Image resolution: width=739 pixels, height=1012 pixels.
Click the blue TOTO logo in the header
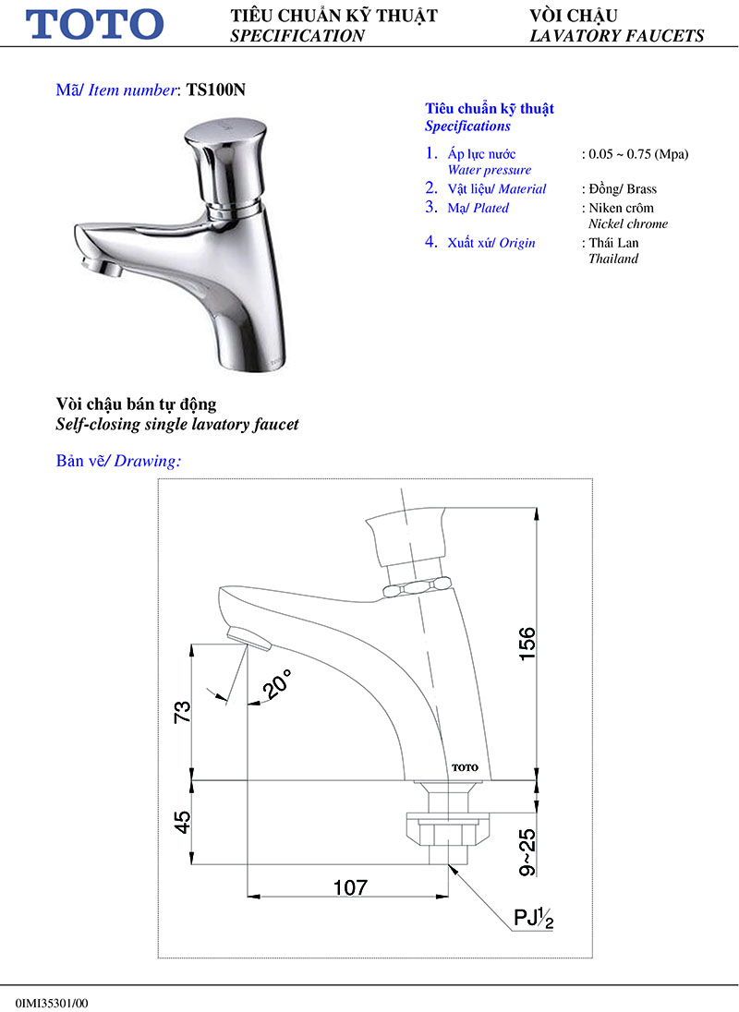pyautogui.click(x=95, y=24)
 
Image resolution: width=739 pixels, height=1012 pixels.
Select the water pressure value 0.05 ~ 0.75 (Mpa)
pyautogui.click(x=636, y=153)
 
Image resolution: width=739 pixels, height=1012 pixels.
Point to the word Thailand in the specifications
pyautogui.click(x=613, y=259)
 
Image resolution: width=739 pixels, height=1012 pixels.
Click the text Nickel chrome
pyautogui.click(x=628, y=224)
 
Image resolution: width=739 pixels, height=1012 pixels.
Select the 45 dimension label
pyautogui.click(x=182, y=822)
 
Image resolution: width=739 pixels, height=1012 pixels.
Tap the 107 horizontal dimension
pyautogui.click(x=349, y=887)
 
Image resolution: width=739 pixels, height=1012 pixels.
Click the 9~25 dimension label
pyautogui.click(x=527, y=851)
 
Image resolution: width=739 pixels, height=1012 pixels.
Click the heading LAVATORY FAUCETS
pyautogui.click(x=616, y=36)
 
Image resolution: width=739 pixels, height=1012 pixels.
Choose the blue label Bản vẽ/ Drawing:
pyautogui.click(x=118, y=461)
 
